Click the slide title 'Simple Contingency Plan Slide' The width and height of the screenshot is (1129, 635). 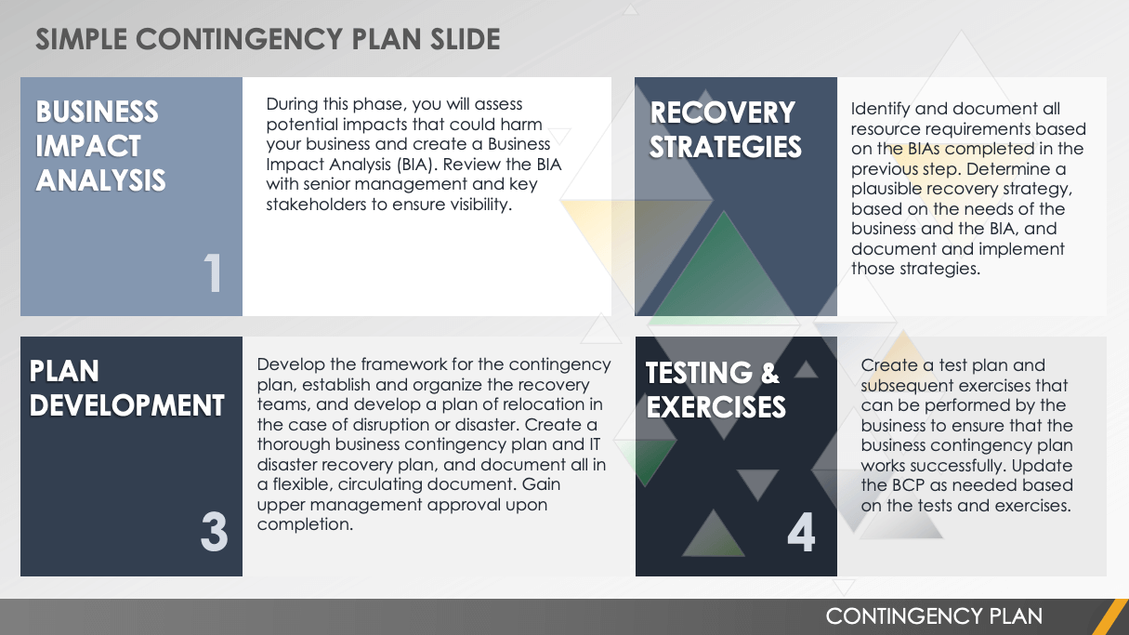(268, 39)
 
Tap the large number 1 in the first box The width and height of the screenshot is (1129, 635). (214, 274)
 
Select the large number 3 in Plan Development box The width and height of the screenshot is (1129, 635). (214, 533)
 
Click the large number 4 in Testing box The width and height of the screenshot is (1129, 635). (801, 533)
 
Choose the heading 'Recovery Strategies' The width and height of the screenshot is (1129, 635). (725, 129)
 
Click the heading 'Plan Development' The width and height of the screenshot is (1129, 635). (126, 388)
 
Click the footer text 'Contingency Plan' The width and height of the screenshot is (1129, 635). (934, 615)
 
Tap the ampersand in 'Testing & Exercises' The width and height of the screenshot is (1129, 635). (769, 373)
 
